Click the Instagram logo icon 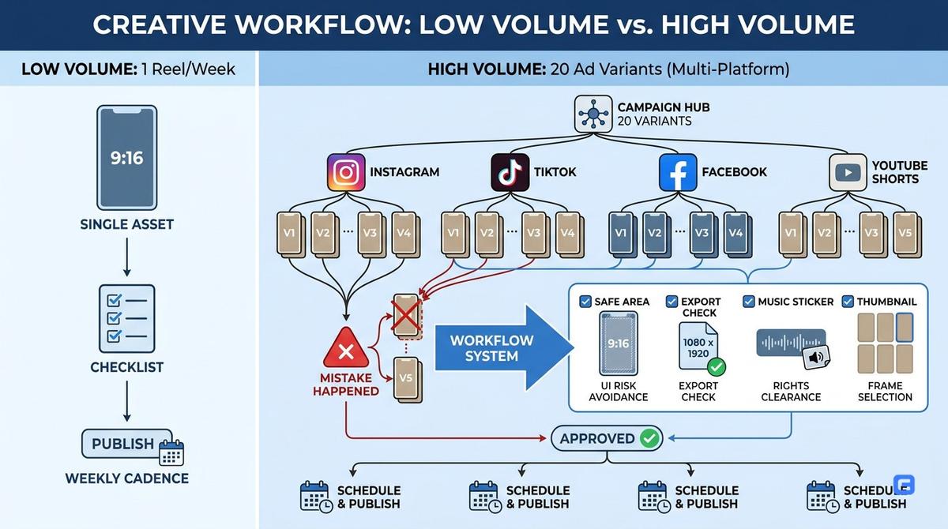(346, 173)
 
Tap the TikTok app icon (510, 173)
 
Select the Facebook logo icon (678, 173)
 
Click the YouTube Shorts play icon (848, 173)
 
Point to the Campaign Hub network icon (593, 114)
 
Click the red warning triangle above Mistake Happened (346, 348)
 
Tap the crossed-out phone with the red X (406, 316)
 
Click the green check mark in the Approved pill (649, 438)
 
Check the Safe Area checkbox (585, 302)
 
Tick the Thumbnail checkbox (848, 302)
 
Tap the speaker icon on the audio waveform (816, 358)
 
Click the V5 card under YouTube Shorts (907, 234)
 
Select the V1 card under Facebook (623, 234)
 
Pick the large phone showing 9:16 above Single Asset (127, 158)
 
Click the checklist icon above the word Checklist (127, 319)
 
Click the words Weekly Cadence (127, 478)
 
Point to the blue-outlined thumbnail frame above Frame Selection (905, 327)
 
